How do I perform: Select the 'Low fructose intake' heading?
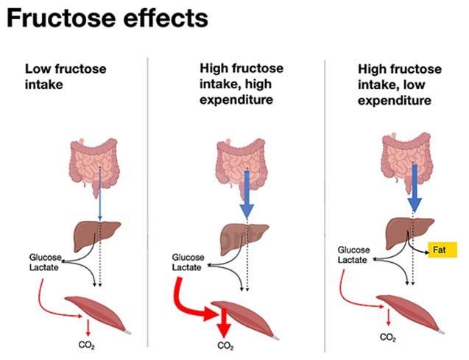pyautogui.click(x=66, y=77)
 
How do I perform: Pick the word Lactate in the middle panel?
pyautogui.click(x=188, y=267)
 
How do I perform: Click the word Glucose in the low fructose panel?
pyautogui.click(x=41, y=258)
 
